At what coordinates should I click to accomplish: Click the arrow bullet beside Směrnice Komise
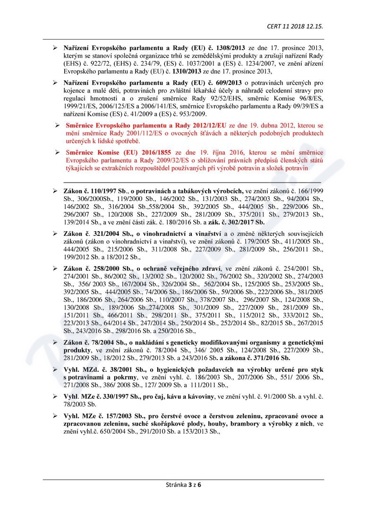click(56, 153)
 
